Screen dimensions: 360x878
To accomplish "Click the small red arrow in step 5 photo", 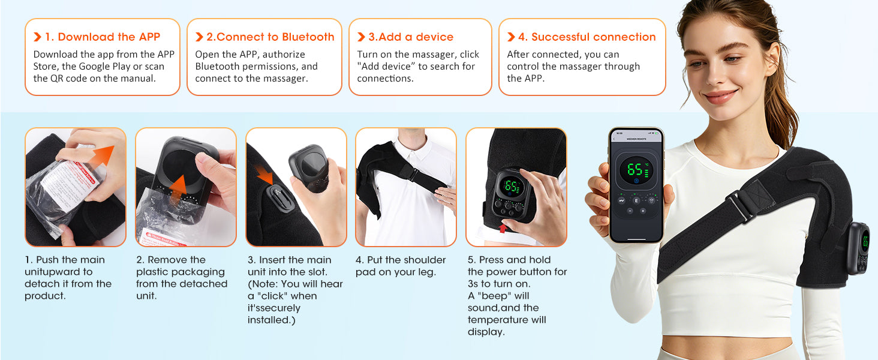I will tap(502, 228).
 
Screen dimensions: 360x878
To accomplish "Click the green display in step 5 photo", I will tap(512, 187).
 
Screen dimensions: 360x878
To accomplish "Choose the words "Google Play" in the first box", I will tap(114, 67).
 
